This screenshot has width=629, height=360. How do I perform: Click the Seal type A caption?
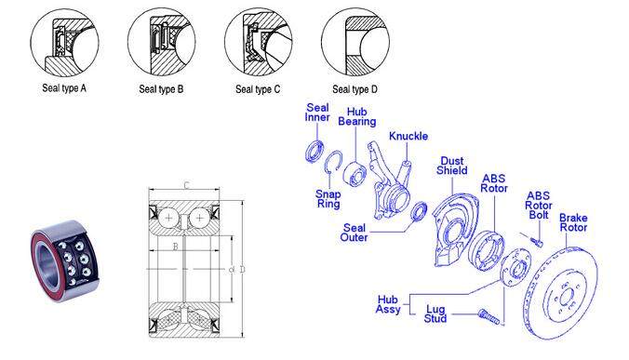click(64, 88)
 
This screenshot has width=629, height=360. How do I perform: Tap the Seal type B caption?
click(161, 89)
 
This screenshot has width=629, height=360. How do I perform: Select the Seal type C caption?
click(258, 89)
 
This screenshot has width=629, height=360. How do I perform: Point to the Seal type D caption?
click(355, 89)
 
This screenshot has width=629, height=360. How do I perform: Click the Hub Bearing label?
click(357, 116)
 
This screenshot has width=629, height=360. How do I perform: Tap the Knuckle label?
click(408, 137)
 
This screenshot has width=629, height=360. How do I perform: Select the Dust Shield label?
click(452, 166)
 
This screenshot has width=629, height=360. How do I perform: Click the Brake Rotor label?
click(573, 222)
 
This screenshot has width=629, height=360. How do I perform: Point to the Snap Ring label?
click(328, 199)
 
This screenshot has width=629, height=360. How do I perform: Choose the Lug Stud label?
click(435, 313)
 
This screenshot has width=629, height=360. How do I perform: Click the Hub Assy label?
click(388, 304)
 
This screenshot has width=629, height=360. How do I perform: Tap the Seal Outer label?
click(354, 233)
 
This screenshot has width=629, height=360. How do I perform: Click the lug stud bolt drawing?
click(488, 316)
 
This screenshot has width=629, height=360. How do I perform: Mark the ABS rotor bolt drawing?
click(537, 241)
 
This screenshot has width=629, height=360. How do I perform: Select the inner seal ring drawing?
click(314, 152)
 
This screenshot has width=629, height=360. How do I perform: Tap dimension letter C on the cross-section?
click(186, 185)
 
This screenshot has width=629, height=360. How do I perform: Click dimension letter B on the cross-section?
click(175, 247)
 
